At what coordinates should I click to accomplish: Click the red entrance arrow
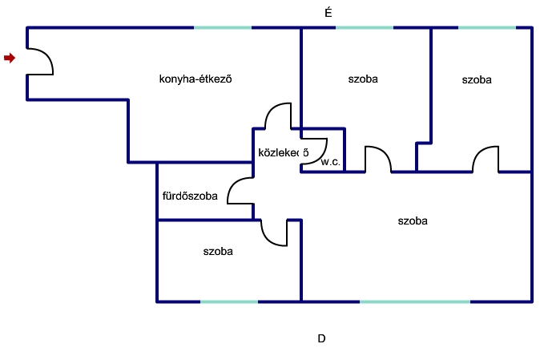coord(10,58)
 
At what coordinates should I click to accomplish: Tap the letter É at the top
coord(328,13)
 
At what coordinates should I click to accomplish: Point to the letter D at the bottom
coord(321,338)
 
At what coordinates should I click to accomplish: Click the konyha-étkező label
coord(195,79)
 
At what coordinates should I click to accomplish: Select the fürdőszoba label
coord(190,196)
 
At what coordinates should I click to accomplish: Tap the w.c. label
coord(331,162)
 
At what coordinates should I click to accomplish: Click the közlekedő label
coord(283,152)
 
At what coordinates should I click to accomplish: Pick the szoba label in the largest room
coord(413,220)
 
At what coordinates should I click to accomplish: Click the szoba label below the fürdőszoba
coord(218,252)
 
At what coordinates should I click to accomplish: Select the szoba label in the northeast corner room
coord(477,80)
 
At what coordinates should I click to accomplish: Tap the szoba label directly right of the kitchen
coord(363,79)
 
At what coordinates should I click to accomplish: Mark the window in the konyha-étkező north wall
coord(223,27)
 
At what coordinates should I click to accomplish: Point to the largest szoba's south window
coord(415,301)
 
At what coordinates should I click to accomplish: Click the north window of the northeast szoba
coord(487,27)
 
